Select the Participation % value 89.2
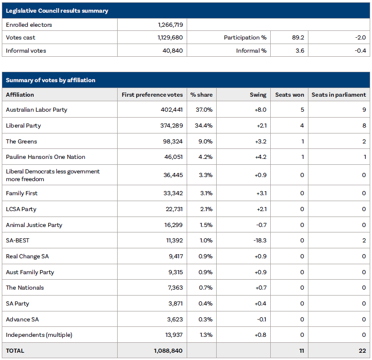[x=298, y=38]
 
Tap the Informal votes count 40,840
[x=173, y=50]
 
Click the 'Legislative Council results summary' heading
[x=57, y=10]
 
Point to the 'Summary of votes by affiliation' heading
[x=50, y=80]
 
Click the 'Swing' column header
[x=258, y=95]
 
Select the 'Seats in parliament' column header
[x=338, y=95]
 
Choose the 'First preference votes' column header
[x=152, y=95]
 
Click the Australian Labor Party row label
[x=36, y=110]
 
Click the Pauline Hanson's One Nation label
[x=45, y=157]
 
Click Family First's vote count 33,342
[x=173, y=193]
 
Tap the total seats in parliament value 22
[x=362, y=351]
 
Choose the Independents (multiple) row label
[x=39, y=335]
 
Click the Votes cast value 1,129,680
[x=167, y=38]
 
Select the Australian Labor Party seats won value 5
[x=302, y=110]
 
